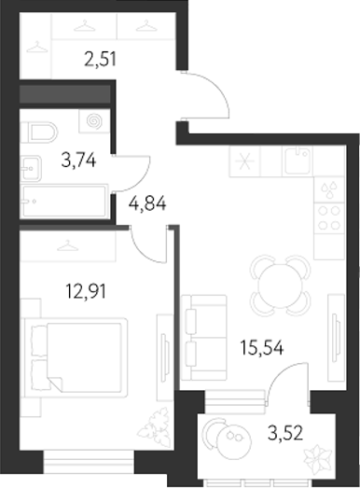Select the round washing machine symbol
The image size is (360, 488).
[93, 122]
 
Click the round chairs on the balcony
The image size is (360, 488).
[225, 437]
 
